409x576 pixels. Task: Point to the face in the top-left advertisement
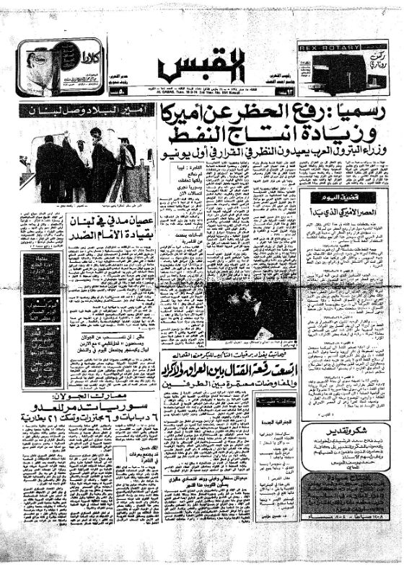40,68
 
